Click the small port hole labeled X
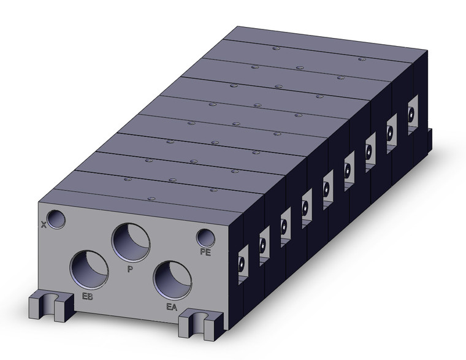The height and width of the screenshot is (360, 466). coord(58,219)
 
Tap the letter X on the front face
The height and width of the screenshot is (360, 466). coord(43,224)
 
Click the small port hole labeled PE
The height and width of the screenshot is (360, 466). coord(205,237)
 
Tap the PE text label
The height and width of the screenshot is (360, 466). coord(205,252)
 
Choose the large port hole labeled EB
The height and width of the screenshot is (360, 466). coord(89,270)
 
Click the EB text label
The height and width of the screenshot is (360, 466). coord(87,297)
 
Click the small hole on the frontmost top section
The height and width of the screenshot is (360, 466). coord(149,197)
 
